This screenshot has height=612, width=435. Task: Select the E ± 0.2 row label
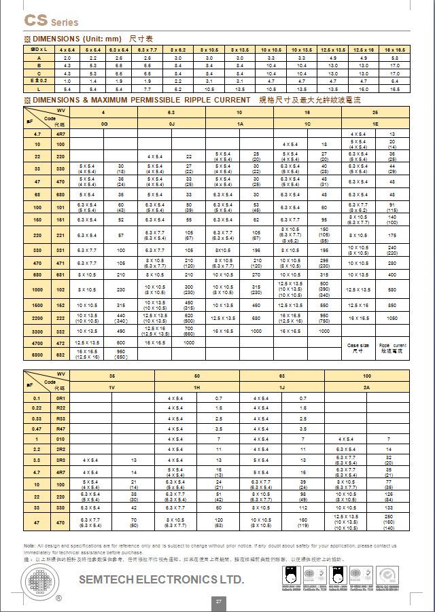[x=39, y=80]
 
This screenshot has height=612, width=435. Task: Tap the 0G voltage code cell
[x=103, y=124]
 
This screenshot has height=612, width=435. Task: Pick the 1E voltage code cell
[x=375, y=124]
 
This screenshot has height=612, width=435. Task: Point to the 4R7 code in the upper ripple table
[x=60, y=134]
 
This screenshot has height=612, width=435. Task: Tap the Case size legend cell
[x=358, y=348]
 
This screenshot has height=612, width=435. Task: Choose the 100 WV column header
[x=367, y=375]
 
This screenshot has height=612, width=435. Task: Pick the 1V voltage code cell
[x=113, y=386]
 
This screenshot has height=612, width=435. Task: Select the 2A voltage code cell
[x=367, y=386]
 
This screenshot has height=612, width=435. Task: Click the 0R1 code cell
[x=60, y=397]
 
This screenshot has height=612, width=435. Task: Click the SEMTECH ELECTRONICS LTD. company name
[x=161, y=579]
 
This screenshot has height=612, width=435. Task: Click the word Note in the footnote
[x=29, y=545]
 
